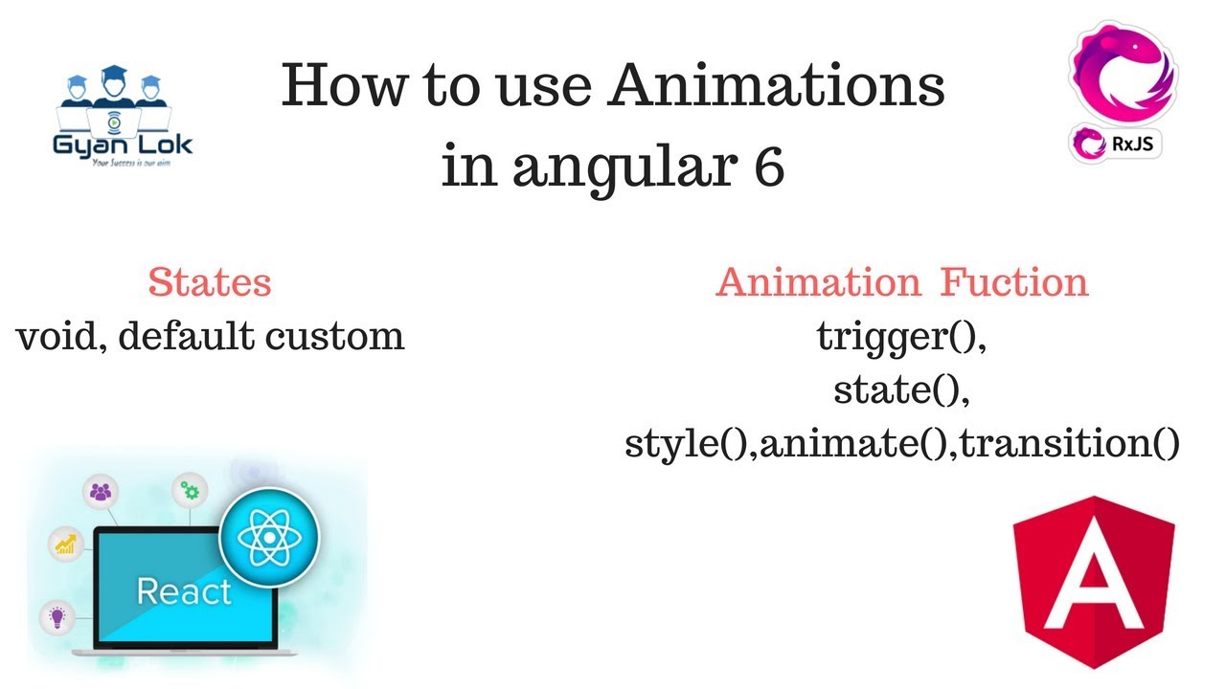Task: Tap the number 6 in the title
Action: point(766,167)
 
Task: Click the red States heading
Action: point(210,282)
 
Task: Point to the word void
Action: point(57,336)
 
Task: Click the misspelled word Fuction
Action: point(1014,282)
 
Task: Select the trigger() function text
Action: point(901,336)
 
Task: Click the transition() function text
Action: point(1069,443)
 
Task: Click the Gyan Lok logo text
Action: point(122,145)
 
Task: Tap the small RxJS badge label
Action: point(1115,144)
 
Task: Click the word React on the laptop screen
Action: point(184,590)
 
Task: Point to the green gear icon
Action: point(191,491)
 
